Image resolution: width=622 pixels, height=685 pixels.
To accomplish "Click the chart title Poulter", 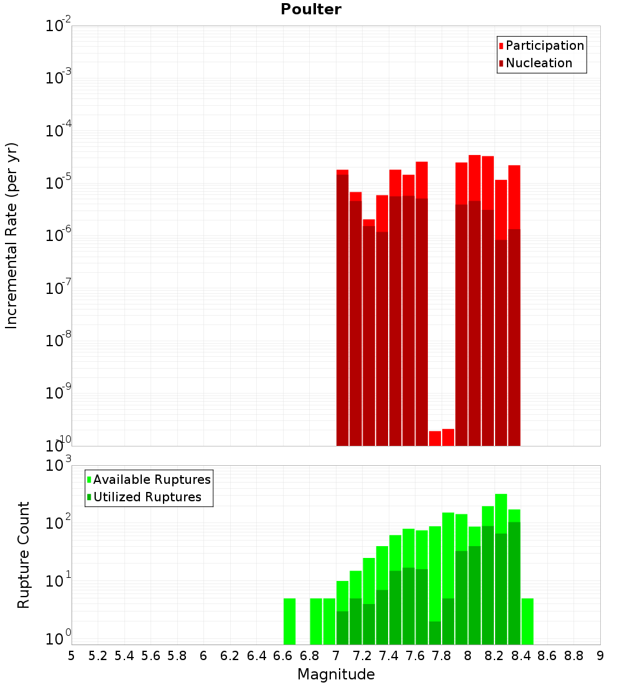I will (310, 9).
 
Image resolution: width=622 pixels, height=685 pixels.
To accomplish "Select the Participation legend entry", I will (544, 45).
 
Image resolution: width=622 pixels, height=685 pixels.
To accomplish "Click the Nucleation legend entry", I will (538, 63).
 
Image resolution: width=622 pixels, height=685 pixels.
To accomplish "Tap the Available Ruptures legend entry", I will (151, 479).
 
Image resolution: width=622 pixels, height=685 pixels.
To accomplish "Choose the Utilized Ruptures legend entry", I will (147, 497).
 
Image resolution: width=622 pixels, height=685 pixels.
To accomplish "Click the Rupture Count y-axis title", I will (24, 554).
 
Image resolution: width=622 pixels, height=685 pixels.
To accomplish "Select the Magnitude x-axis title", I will (336, 674).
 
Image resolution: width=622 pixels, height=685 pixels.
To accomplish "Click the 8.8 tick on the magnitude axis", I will (573, 656).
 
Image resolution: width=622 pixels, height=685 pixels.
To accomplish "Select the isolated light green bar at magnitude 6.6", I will (289, 621).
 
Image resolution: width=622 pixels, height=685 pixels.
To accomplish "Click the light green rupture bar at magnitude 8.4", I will (527, 621).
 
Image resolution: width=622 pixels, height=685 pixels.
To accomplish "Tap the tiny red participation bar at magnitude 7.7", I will (435, 438).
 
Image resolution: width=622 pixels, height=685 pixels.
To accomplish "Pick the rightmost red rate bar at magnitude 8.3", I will (514, 305).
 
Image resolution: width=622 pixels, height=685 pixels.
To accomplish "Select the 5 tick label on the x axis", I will (72, 656).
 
